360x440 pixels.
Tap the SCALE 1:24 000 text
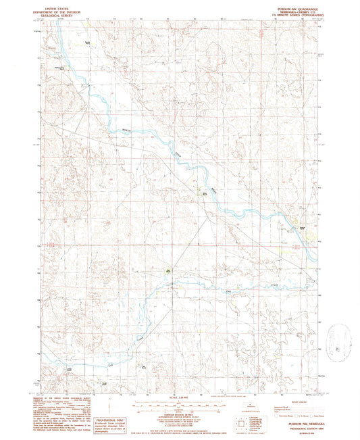coord(178,397)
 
